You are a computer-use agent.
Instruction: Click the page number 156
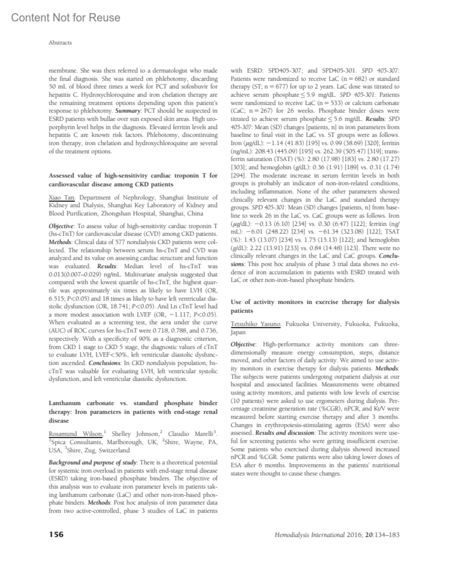pos(56,534)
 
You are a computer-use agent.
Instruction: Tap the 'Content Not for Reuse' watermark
pos(66,18)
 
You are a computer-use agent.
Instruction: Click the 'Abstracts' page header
pos(60,43)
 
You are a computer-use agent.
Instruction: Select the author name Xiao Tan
pos(62,197)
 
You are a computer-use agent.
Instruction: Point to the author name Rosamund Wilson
pos(76,434)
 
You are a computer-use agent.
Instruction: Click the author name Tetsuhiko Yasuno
pos(256,324)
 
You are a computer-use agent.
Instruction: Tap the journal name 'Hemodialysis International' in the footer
pos(309,535)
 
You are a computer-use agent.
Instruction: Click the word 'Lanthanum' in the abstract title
pos(65,403)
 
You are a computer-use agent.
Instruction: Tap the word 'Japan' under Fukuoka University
pos(238,332)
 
